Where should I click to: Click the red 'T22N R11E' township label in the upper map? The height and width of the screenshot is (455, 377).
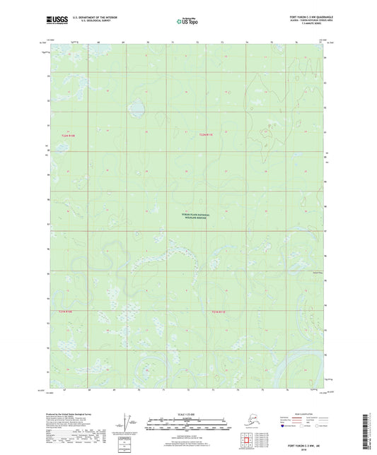(x=206, y=134)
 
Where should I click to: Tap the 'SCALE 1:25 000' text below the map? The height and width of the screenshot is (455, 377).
(x=188, y=412)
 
